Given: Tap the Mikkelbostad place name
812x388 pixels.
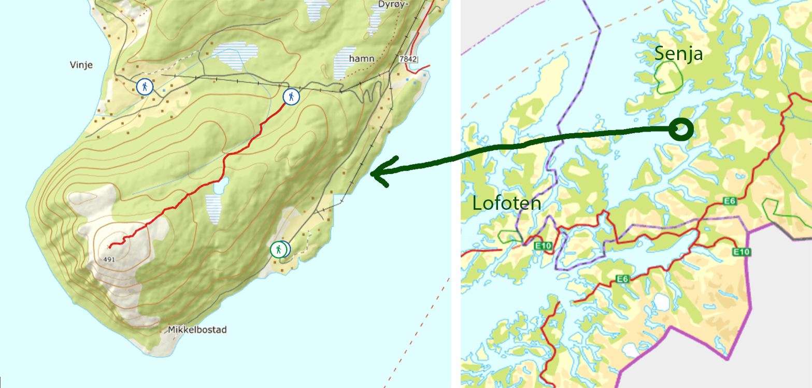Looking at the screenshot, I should point(197,329).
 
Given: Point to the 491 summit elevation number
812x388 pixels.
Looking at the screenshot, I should point(108,259).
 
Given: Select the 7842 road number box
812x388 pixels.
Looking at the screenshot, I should point(408,60).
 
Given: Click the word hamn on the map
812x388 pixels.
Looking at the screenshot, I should point(362,59).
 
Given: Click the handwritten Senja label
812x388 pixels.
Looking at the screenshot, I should point(678,53).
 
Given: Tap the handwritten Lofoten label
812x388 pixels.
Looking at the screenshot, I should point(506,203).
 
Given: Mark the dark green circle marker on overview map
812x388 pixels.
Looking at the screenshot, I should point(680,128).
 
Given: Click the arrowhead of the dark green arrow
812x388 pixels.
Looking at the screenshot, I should point(377,175).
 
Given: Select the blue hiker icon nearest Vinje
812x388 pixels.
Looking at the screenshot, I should point(145,87).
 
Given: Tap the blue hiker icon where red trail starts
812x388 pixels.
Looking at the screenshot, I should point(291,96).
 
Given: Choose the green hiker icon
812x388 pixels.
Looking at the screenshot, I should point(279,250).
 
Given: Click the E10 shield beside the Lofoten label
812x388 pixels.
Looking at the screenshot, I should point(543,246).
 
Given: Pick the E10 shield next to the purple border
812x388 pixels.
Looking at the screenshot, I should point(742,252).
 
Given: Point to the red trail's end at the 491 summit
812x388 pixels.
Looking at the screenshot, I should point(110,247).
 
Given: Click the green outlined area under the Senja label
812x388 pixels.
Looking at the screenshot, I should point(668,78).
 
